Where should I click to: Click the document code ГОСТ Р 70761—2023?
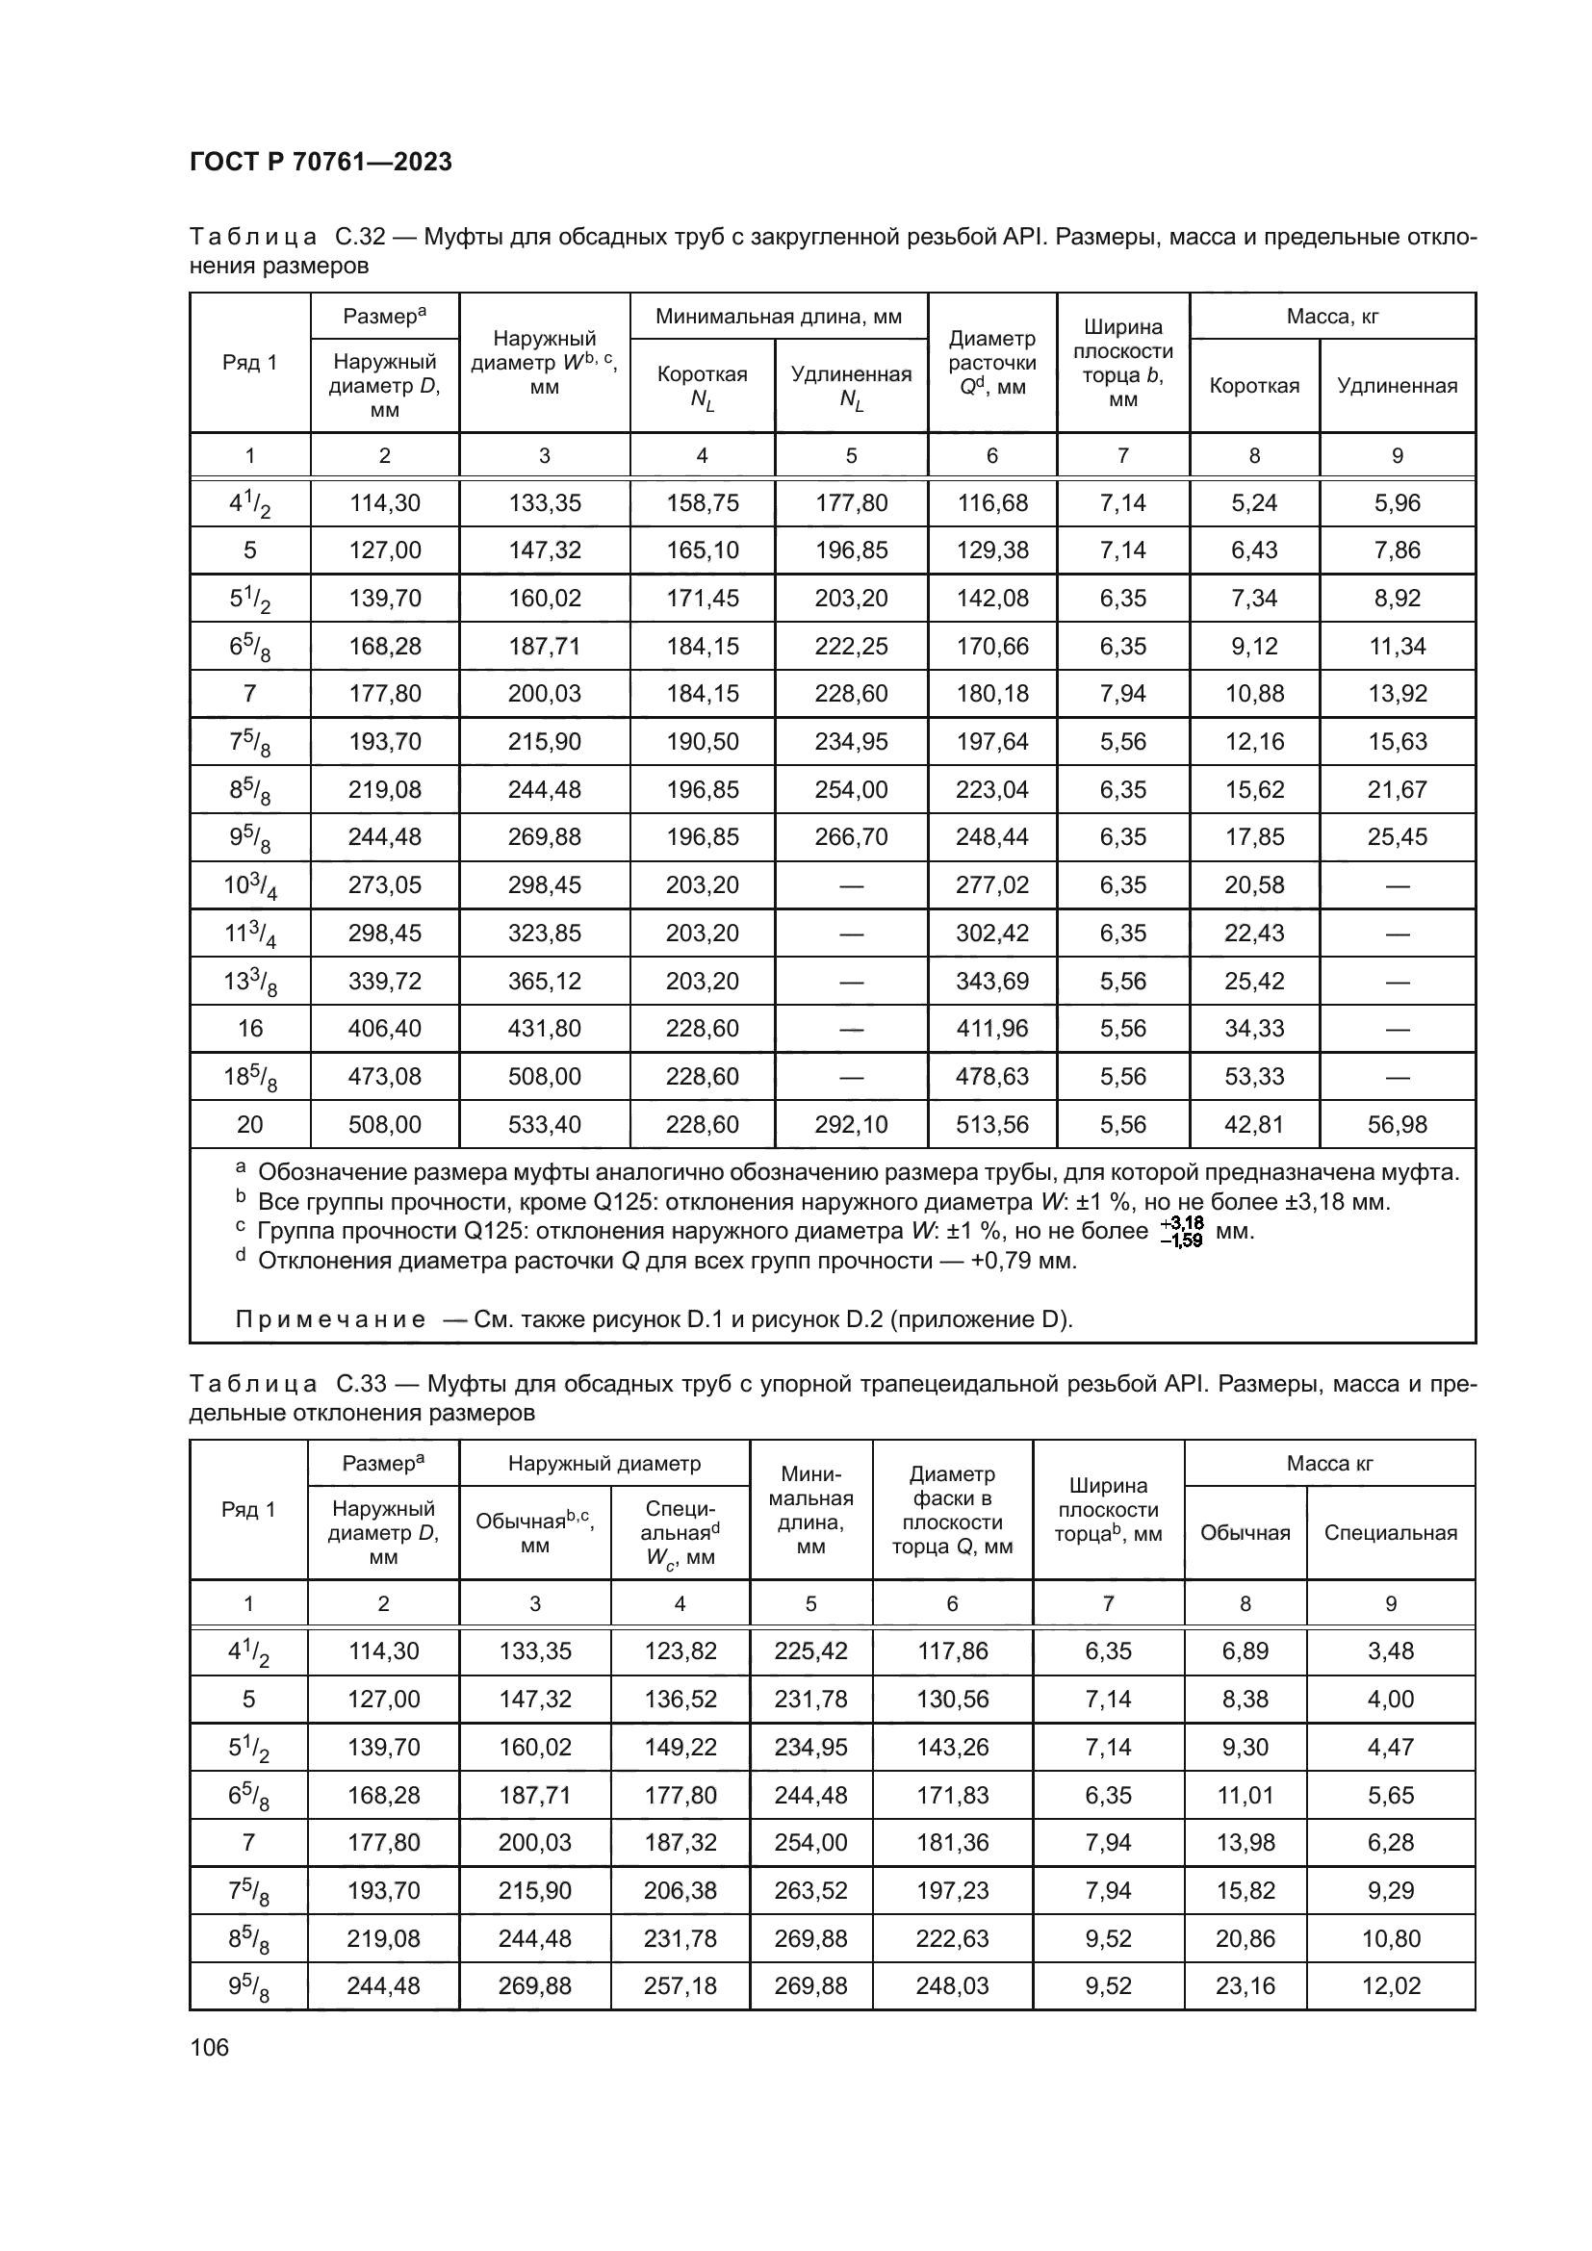coord(321,162)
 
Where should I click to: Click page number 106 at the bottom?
coord(209,2047)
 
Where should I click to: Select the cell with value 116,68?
coord(992,503)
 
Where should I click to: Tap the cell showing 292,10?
coord(851,1123)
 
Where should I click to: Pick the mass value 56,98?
coord(1397,1123)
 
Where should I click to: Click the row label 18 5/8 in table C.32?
coord(250,1078)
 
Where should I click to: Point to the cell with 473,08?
coord(384,1077)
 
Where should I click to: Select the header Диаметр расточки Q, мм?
coord(992,363)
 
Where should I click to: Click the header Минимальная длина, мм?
coord(779,317)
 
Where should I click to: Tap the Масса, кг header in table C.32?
coord(1332,317)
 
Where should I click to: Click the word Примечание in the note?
coord(330,1318)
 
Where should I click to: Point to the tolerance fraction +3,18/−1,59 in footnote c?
coord(1181,1232)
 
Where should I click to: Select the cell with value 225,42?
coord(809,1651)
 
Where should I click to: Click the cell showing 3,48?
coord(1390,1651)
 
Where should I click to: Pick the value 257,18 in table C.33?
coord(680,1985)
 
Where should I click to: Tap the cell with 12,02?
coord(1390,1985)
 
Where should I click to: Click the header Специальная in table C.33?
coord(1390,1533)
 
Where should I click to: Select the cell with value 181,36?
coord(952,1842)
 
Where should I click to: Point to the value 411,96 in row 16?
coord(992,1029)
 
